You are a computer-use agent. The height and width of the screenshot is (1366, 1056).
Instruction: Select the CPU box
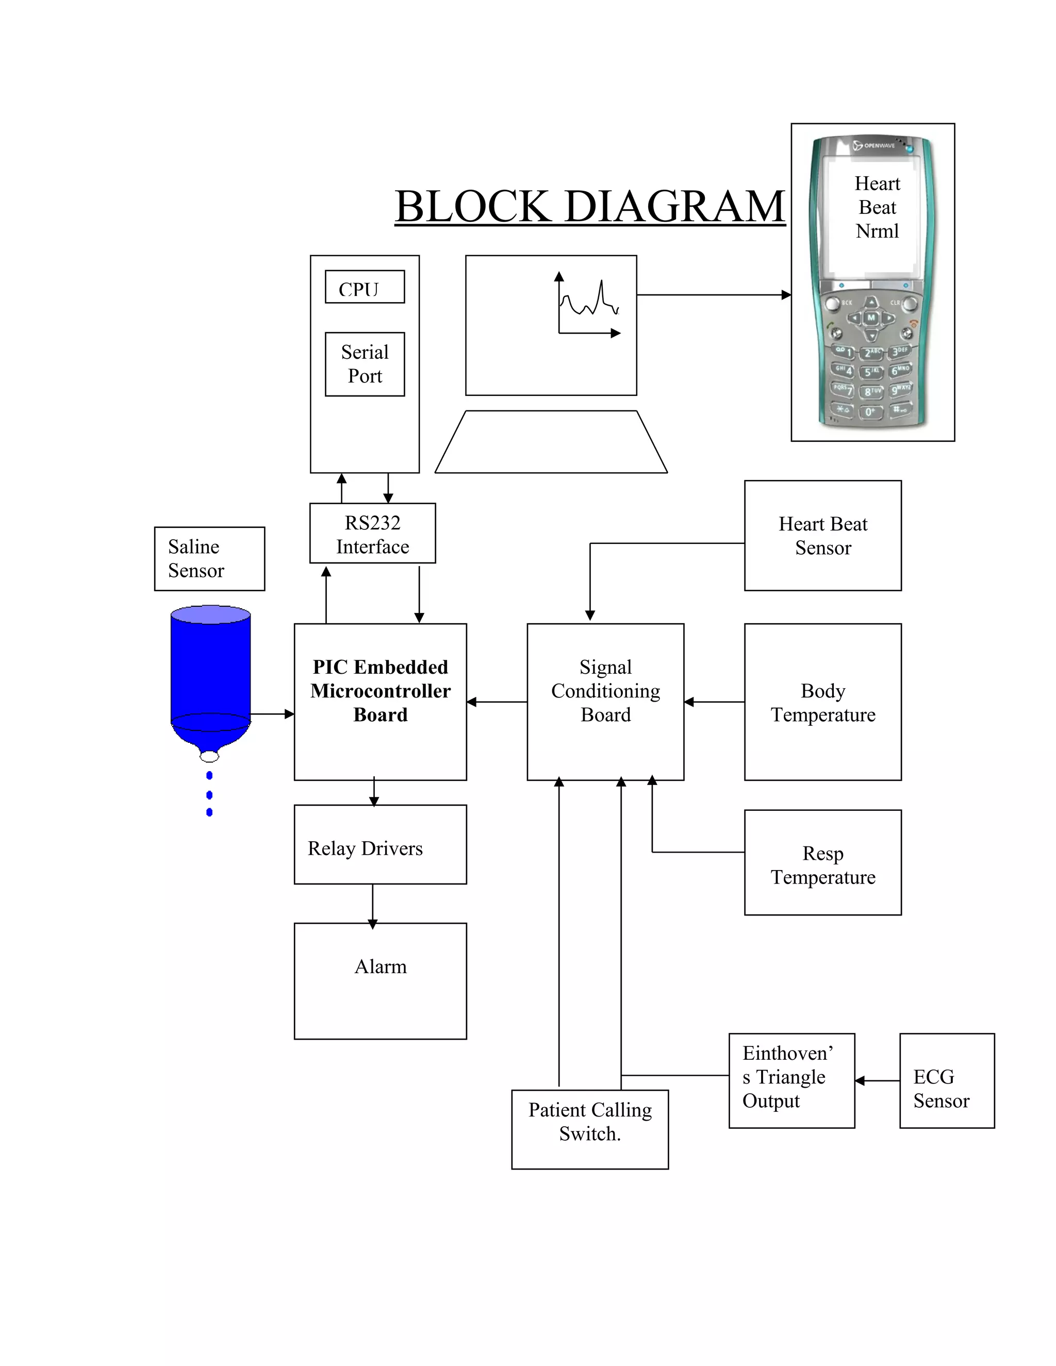(x=365, y=287)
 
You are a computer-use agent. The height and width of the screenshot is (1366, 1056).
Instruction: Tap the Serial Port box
(x=365, y=364)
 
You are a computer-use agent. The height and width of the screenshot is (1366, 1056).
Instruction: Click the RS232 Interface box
(x=372, y=534)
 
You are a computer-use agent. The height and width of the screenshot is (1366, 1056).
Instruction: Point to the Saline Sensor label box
(x=209, y=559)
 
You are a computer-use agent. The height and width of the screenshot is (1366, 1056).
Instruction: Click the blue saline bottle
(x=211, y=675)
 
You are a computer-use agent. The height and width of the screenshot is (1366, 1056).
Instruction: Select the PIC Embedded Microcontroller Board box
(x=381, y=701)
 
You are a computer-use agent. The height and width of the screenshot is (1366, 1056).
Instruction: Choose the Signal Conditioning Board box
(x=605, y=701)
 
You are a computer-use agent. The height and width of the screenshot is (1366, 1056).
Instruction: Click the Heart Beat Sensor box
(x=822, y=536)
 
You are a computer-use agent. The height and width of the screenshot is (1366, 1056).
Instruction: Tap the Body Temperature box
(x=822, y=702)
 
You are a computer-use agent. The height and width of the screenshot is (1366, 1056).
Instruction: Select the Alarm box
(x=381, y=981)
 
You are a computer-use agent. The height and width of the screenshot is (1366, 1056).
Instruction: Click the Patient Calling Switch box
(x=589, y=1129)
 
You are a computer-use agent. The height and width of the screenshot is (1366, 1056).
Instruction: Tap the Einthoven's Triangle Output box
(x=791, y=1081)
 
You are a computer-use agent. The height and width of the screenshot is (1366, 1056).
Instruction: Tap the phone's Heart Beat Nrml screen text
(x=877, y=208)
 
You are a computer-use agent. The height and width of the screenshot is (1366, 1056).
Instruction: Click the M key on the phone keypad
(x=871, y=318)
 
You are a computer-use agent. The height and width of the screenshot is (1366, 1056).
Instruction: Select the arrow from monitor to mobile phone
(x=713, y=294)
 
